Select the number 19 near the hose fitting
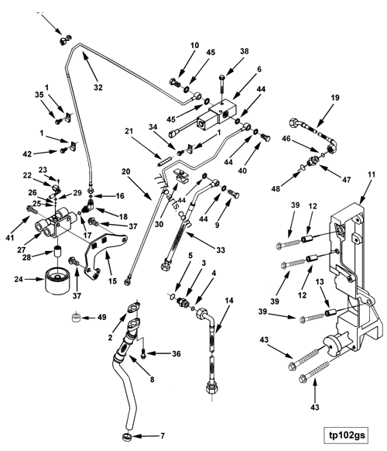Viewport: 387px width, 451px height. click(336, 98)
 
